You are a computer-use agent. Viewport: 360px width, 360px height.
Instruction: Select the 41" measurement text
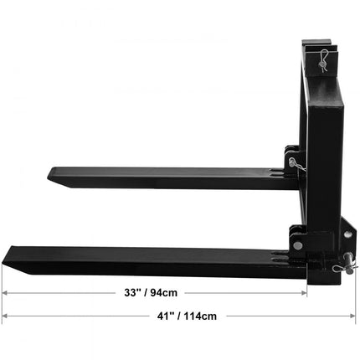(x=156, y=316)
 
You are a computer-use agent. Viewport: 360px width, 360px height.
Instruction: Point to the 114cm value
(x=198, y=316)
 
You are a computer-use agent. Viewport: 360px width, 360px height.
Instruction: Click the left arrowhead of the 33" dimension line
(x=6, y=293)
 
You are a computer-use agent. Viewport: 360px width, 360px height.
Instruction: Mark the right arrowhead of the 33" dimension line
(x=306, y=293)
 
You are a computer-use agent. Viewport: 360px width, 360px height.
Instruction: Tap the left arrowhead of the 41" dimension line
(x=6, y=316)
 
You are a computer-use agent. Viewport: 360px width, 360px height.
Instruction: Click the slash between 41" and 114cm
(x=177, y=316)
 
